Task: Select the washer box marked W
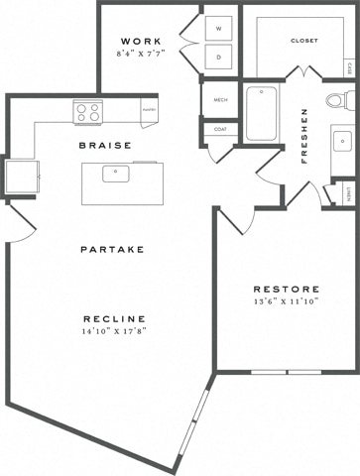(217, 28)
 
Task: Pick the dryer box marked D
(217, 57)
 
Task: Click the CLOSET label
(303, 42)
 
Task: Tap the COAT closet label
(218, 129)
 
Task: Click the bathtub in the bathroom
(263, 114)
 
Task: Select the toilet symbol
(337, 100)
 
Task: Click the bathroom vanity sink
(341, 142)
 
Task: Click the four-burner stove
(88, 112)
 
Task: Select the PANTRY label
(149, 110)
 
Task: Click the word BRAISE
(106, 146)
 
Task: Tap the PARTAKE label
(112, 249)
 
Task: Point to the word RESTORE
(285, 289)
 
